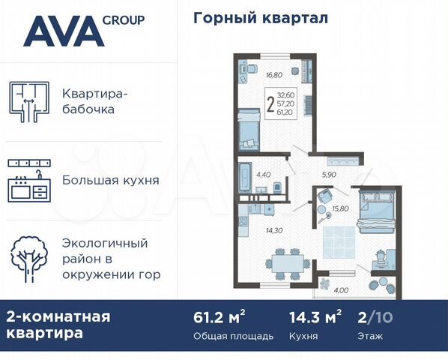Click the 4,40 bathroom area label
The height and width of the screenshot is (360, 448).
[x=262, y=175]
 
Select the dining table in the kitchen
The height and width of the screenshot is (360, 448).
[x=286, y=263]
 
